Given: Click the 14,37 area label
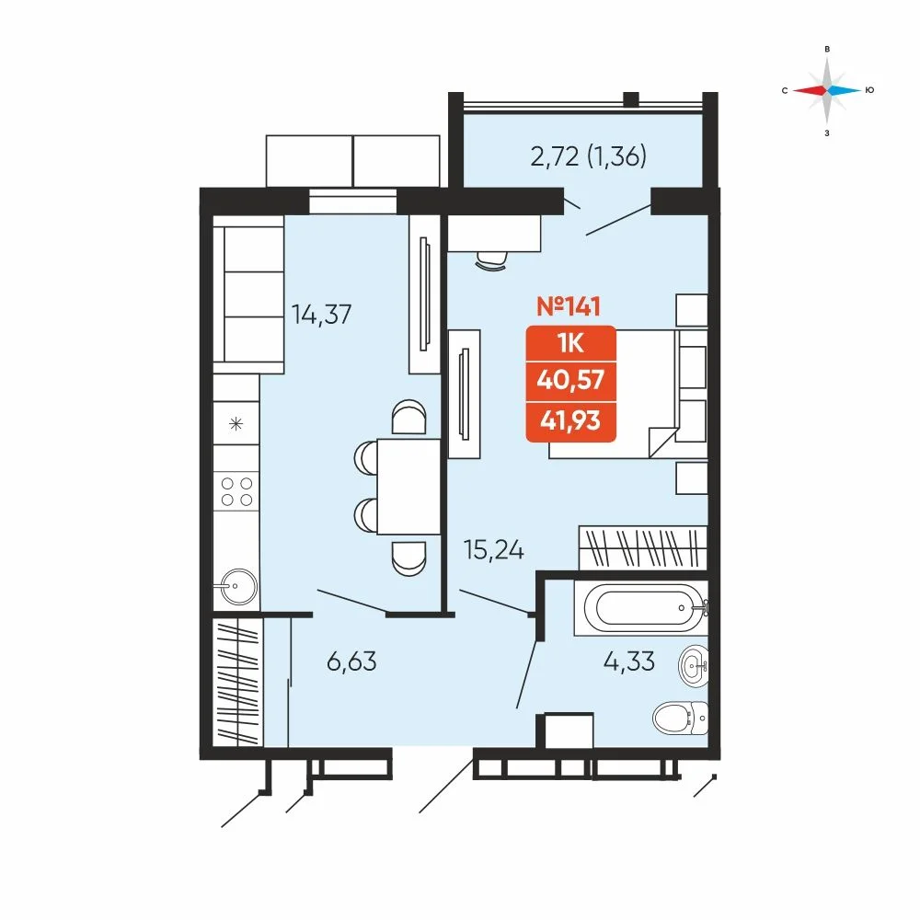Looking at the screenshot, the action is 321,315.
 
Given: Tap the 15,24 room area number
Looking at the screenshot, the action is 493,550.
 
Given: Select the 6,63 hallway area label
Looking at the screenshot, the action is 351,661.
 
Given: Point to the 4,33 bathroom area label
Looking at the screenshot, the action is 629,661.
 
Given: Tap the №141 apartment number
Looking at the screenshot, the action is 569,306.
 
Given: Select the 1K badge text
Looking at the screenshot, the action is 571,343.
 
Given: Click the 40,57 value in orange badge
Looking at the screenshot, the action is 571,380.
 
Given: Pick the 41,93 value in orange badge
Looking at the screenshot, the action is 571,420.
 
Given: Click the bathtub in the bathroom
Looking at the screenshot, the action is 641,608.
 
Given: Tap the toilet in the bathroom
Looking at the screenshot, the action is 681,717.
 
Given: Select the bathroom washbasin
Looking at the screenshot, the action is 694,666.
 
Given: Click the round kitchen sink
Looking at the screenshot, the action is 235,586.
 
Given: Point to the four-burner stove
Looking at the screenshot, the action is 236,491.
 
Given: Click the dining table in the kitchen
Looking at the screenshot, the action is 408,487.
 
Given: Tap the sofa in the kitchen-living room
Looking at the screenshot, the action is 248,294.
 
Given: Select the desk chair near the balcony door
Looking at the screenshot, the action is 491,260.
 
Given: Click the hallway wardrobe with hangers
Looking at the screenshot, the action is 237,682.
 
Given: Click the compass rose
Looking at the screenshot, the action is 827,90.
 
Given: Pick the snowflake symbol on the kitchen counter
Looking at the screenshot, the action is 236,423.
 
